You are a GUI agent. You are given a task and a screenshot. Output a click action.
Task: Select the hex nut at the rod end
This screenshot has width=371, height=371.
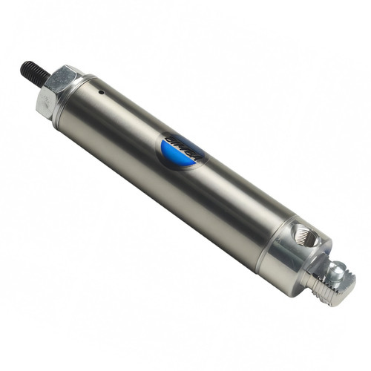pos(58,88)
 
